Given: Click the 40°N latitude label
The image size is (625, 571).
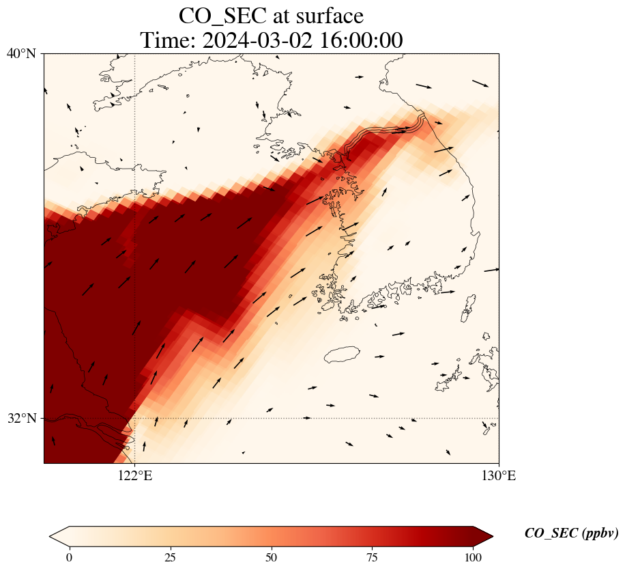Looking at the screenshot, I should [x=21, y=53].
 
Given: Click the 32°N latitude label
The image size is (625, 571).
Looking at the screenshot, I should [x=21, y=418].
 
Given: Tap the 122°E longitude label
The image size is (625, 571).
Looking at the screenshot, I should [x=135, y=476].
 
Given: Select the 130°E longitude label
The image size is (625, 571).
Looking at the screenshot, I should [x=499, y=476].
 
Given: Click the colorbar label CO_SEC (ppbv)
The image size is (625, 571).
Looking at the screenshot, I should [x=571, y=534].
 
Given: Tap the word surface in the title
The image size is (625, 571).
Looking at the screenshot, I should [x=326, y=16].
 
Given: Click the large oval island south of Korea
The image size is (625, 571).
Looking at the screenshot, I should [x=342, y=354].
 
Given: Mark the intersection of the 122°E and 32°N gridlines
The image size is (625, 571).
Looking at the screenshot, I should [x=135, y=418].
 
